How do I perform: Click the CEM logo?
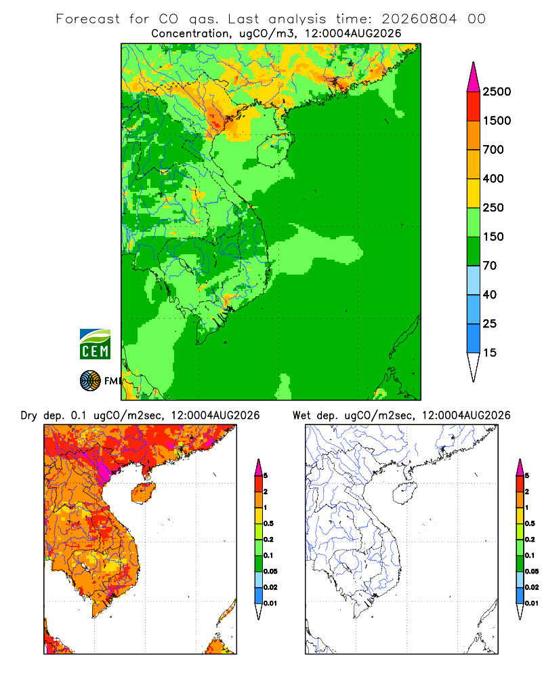click(x=95, y=344)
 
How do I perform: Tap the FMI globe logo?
click(x=90, y=381)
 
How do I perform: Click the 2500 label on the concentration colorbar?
click(x=497, y=92)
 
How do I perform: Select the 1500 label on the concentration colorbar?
click(x=497, y=121)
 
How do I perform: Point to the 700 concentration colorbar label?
click(x=493, y=150)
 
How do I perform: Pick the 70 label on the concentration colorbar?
click(x=490, y=266)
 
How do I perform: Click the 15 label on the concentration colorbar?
click(x=490, y=353)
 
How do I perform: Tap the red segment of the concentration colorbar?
click(x=474, y=106)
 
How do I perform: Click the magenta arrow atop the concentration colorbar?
click(x=474, y=77)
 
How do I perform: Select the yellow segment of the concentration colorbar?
click(x=474, y=193)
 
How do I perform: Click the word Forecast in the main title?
click(x=88, y=19)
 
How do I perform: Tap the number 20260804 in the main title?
click(x=419, y=19)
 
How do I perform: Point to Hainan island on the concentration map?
click(x=275, y=150)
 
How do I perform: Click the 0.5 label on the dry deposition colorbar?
click(x=268, y=523)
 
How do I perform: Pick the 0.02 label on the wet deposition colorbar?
click(x=532, y=587)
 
